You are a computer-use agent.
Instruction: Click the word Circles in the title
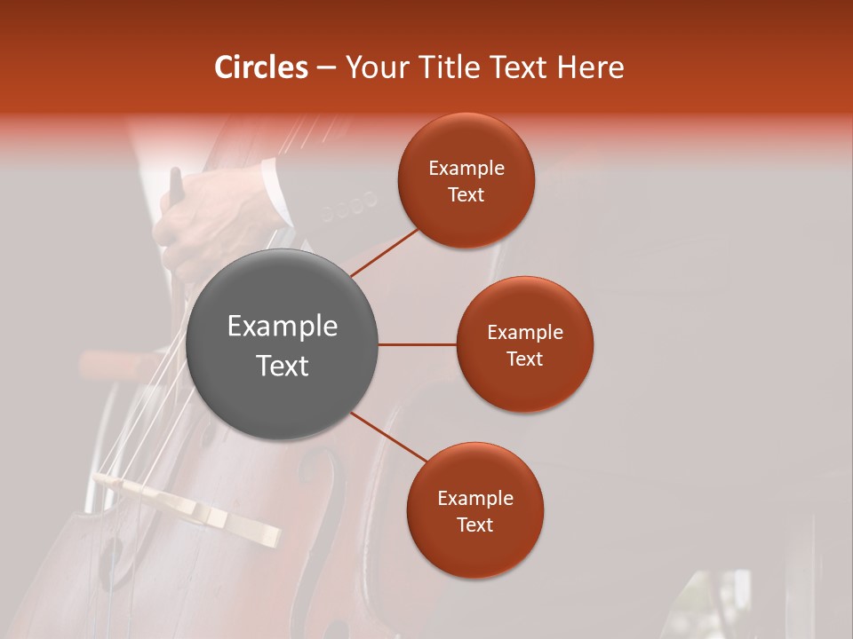tap(260, 67)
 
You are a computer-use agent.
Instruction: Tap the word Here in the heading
tap(590, 67)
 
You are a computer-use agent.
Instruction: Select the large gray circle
tap(283, 344)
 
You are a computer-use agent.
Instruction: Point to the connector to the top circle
tap(386, 252)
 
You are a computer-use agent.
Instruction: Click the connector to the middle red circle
tap(417, 344)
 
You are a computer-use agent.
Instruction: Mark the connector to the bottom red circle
tap(388, 438)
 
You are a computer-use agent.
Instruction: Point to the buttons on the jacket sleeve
tap(348, 207)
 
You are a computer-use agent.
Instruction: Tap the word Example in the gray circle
tap(283, 327)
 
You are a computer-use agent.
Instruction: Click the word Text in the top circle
tap(466, 195)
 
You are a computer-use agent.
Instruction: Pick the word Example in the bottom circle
tap(475, 499)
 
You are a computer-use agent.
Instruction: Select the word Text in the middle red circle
tap(525, 359)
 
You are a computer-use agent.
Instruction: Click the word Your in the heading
tap(376, 67)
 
